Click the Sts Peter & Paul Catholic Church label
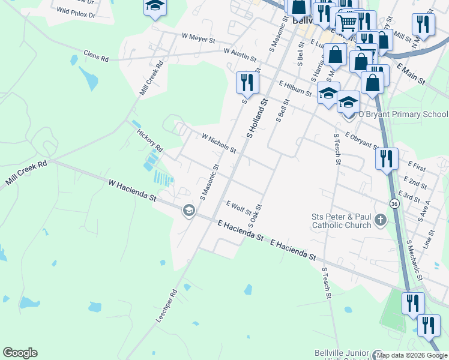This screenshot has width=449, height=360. pos(341,221)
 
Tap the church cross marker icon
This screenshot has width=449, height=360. pos(379,221)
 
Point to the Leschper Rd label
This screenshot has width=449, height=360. pos(167,307)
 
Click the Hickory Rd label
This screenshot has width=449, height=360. pos(150,140)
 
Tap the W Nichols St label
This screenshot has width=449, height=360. pos(219,143)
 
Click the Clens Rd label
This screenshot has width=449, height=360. pos(96,56)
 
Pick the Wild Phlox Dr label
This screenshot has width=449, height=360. pos(76,11)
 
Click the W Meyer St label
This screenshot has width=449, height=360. pos(197,38)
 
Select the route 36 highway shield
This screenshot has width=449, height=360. pos(394,204)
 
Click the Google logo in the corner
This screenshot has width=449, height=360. pos(20,353)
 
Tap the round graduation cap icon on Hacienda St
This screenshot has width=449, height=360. pos(188,210)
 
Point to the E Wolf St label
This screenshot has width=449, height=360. pos(238,208)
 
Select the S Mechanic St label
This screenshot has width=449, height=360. pos(414,260)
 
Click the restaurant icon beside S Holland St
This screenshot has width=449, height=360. pos(247,82)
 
